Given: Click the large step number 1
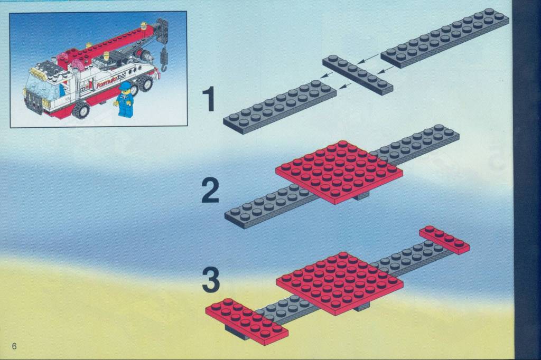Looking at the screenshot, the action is coord(209,99).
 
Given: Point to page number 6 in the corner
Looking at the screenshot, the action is coord(14,346).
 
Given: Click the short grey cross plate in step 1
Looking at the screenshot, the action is coord(358,74).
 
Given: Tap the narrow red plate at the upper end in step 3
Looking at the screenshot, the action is coord(444,240).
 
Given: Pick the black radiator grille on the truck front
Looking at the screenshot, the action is coord(34,102).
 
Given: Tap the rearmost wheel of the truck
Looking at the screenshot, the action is coord(147,84).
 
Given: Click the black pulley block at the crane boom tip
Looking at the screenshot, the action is coord(163,30).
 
